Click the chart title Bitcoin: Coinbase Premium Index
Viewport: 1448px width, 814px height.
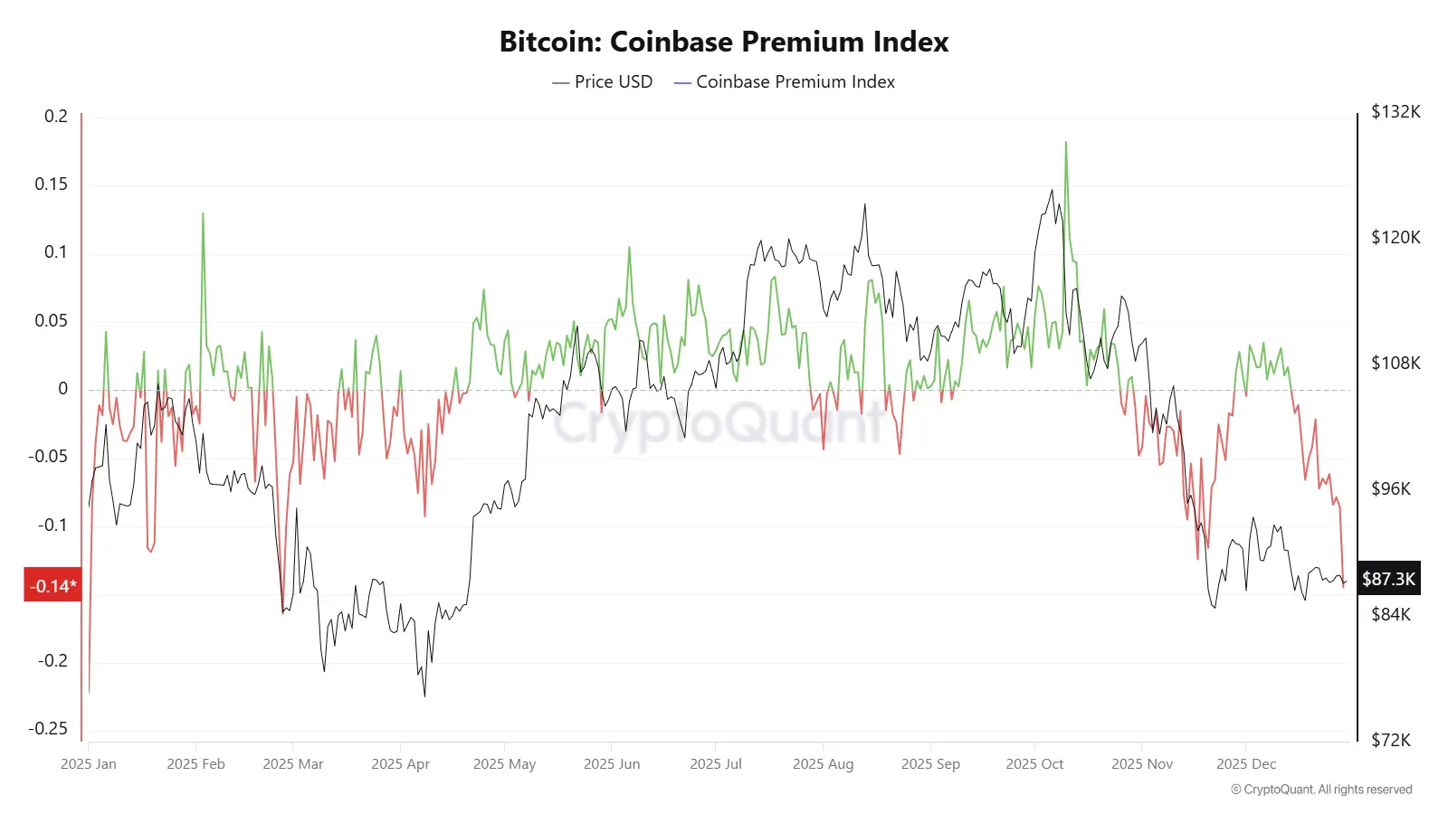[724, 42]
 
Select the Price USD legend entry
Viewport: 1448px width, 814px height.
[603, 82]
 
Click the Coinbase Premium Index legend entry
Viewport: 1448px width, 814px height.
[785, 82]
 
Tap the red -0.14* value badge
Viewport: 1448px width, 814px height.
[52, 586]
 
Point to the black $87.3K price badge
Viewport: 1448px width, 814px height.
[1388, 579]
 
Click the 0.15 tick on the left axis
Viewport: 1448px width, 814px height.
[51, 185]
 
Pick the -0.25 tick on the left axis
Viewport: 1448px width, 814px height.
[47, 729]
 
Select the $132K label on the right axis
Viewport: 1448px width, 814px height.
[1396, 112]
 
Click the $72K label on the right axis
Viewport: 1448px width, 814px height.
[1391, 741]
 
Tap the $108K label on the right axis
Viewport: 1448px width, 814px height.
[1396, 364]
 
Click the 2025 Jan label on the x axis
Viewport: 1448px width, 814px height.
[89, 764]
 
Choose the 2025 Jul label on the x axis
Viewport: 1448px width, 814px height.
[716, 764]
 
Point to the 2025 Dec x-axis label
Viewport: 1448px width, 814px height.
[1246, 764]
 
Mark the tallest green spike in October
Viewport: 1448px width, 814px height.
[1066, 143]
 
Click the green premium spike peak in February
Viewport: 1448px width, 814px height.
[203, 214]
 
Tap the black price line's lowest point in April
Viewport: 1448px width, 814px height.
[424, 695]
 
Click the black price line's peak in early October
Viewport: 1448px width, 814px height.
[1052, 191]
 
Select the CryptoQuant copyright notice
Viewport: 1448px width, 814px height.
[1321, 790]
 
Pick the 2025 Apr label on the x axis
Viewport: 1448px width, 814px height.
[400, 764]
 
